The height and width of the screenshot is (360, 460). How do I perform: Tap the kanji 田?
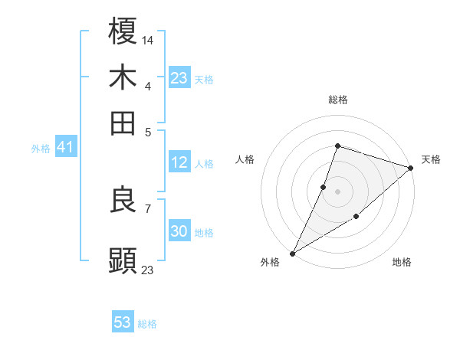pos(123,123)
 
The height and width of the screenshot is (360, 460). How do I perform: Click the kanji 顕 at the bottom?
pos(123,260)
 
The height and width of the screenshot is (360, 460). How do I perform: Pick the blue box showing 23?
pos(179,78)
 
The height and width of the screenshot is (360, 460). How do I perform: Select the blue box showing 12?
pos(179,162)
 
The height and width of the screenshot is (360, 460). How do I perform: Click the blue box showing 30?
pos(179,231)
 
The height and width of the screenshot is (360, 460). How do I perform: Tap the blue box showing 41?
pos(64,147)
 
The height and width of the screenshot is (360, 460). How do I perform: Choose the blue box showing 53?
pos(123,322)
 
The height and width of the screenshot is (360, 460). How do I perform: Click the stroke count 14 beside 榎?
pos(148,38)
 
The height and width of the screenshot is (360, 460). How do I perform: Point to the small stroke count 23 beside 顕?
pos(148,270)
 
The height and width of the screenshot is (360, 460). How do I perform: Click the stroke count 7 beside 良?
pos(147,208)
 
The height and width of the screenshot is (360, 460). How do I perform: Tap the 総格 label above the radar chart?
pos(337,100)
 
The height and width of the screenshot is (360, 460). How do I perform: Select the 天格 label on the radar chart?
pos(431,159)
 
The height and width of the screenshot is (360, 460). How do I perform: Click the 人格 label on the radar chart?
pos(245,159)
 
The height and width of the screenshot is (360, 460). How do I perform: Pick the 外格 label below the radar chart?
pos(270,263)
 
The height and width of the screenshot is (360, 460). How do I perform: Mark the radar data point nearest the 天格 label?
pos(411,169)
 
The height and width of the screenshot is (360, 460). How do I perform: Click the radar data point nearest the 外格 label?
pos(292,253)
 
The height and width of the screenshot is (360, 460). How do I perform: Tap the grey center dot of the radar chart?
pos(337,190)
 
